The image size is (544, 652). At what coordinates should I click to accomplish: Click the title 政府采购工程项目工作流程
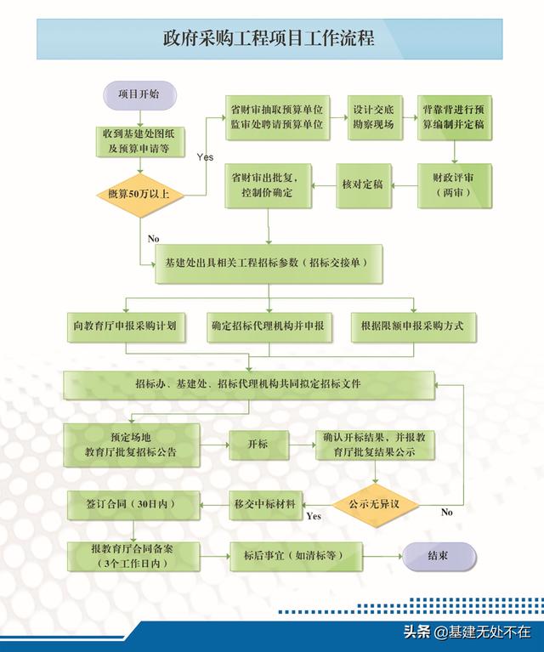coord(269,38)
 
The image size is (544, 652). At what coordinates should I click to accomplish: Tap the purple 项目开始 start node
coord(139,95)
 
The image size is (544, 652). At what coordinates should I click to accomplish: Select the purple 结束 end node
coord(439,556)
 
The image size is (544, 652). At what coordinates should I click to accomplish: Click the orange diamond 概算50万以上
coord(140,195)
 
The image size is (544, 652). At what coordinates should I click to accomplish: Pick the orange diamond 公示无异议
coord(375,505)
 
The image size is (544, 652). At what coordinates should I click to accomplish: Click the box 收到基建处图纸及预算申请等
coord(140,142)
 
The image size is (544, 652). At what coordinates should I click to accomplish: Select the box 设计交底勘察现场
coord(375,117)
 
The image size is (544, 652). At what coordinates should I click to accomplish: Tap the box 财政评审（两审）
coord(454,185)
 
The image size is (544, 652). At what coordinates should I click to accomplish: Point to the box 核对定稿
coord(363,185)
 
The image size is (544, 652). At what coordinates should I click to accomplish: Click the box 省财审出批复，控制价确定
coord(269,185)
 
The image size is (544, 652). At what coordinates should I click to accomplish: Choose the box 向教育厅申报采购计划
coord(126,327)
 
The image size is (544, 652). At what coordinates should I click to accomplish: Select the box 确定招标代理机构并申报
coord(269,327)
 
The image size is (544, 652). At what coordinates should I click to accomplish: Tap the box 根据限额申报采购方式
coord(413,327)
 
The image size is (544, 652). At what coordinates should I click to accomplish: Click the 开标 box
coord(258,445)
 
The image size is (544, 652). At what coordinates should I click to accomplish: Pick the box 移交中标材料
coord(265,505)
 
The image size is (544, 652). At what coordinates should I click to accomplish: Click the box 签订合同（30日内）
coord(133,505)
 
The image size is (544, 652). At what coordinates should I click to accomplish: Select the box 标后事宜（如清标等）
coord(296,556)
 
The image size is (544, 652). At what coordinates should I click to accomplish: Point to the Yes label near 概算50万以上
coord(205,157)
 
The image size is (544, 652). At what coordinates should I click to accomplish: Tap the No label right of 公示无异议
coord(447,513)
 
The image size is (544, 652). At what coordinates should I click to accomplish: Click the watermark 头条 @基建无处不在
coord(467,632)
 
